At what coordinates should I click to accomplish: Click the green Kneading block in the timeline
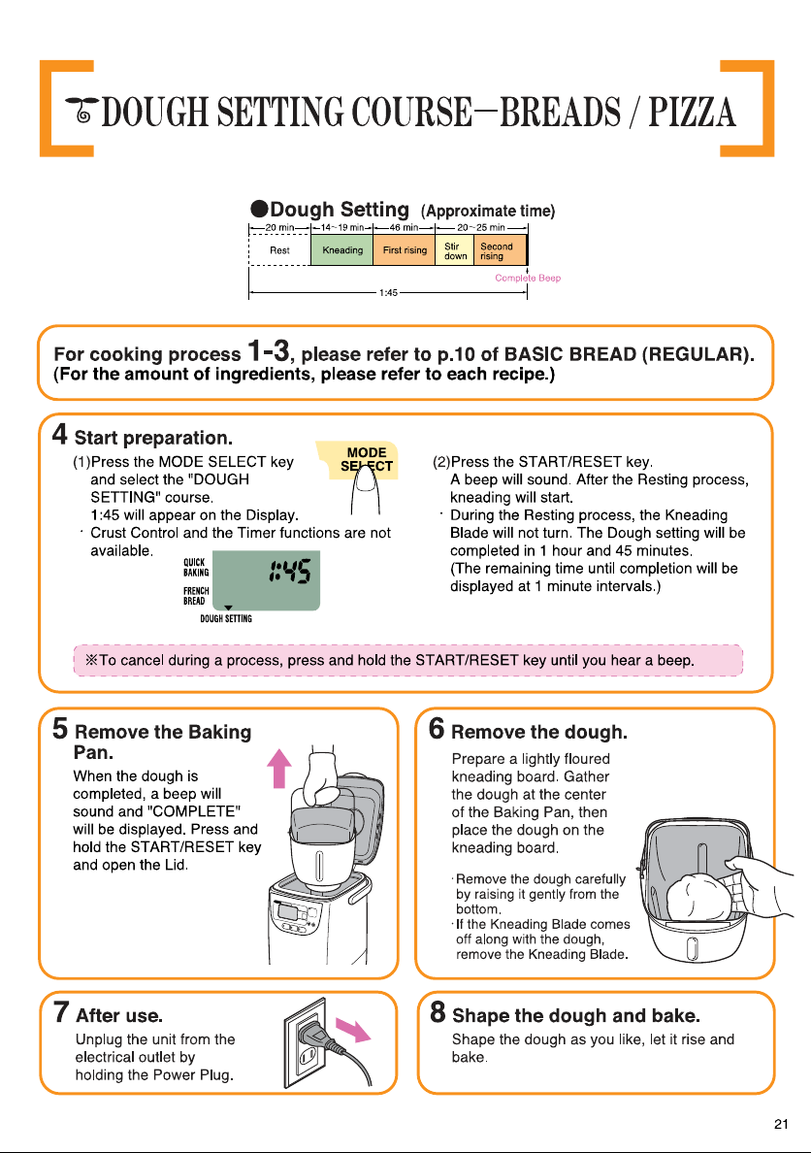click(341, 250)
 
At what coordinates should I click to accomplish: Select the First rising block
click(405, 250)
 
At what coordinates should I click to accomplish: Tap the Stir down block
click(455, 250)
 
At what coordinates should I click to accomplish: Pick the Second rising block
click(501, 250)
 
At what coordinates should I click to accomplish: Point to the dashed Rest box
click(280, 250)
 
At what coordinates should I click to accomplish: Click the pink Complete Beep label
click(527, 278)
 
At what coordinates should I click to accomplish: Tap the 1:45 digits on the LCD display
click(290, 571)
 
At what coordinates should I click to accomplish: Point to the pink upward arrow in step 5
click(278, 768)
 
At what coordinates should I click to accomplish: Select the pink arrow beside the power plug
click(353, 1029)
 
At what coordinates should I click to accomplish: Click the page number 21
click(781, 1124)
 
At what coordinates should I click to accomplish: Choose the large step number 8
click(438, 1012)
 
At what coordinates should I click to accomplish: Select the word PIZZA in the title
click(692, 112)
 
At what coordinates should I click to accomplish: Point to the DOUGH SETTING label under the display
click(226, 618)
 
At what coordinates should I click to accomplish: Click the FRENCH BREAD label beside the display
click(196, 596)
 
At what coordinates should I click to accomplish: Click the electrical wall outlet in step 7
click(306, 1042)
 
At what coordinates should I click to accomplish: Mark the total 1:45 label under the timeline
click(388, 293)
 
